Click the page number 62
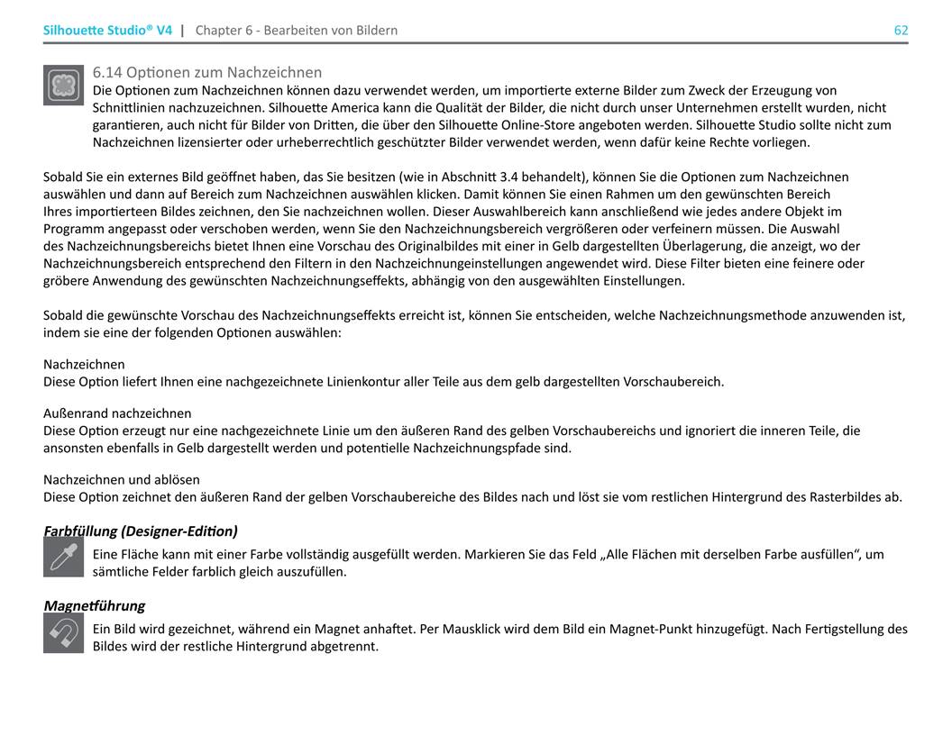coord(901,30)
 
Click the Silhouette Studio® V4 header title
coord(107,30)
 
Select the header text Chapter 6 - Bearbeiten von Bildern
coord(296,30)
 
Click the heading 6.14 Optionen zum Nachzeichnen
coord(207,72)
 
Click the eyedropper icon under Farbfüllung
coord(63,557)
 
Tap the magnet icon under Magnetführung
coord(63,633)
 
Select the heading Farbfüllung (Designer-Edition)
coord(141,531)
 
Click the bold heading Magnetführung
coord(94,605)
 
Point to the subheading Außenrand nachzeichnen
coord(117,413)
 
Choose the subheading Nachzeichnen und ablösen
coord(122,480)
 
